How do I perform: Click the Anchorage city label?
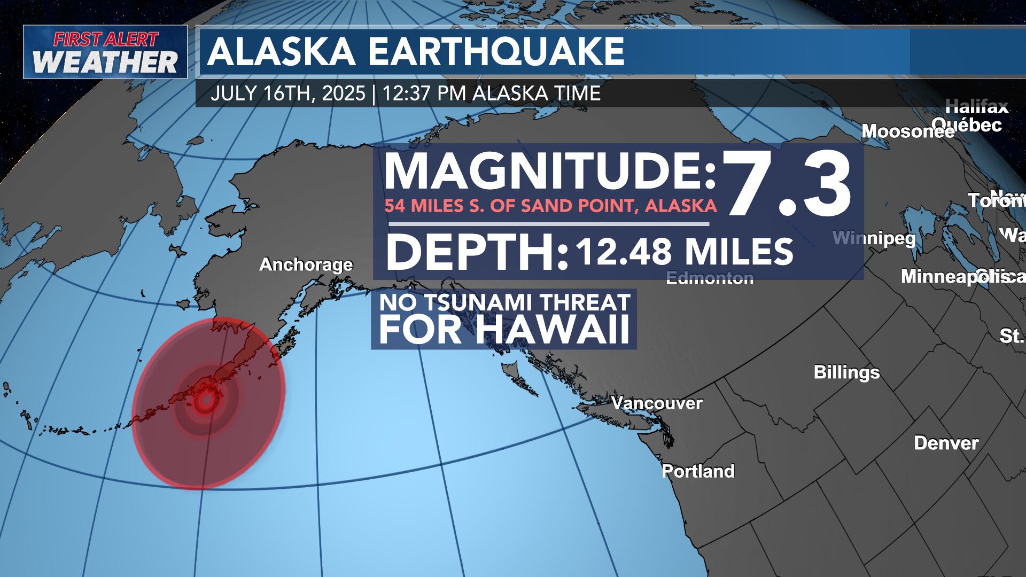[x=306, y=264]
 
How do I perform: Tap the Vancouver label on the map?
[x=657, y=403]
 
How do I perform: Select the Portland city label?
[x=698, y=471]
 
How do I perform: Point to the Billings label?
[x=846, y=372]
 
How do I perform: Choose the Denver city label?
[x=946, y=443]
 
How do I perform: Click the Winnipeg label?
[x=874, y=238]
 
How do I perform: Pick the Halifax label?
[x=977, y=107]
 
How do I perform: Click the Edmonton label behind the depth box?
[x=710, y=278]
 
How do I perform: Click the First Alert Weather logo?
[x=105, y=52]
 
